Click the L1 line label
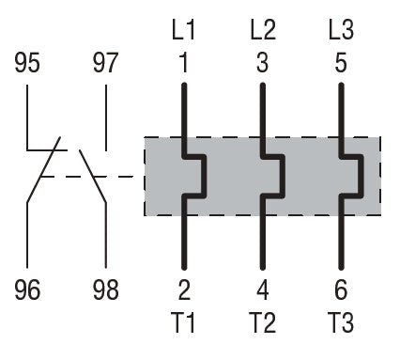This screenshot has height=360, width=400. (184, 30)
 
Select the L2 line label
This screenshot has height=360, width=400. (263, 30)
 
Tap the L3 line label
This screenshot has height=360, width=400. (342, 30)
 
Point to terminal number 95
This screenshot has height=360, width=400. (27, 63)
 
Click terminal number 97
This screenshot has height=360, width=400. (106, 63)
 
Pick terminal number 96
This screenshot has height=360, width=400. (27, 290)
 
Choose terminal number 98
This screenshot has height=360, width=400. (106, 290)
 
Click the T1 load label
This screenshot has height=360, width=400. (184, 322)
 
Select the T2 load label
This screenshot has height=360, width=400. (263, 322)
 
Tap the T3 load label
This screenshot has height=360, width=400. (341, 322)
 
